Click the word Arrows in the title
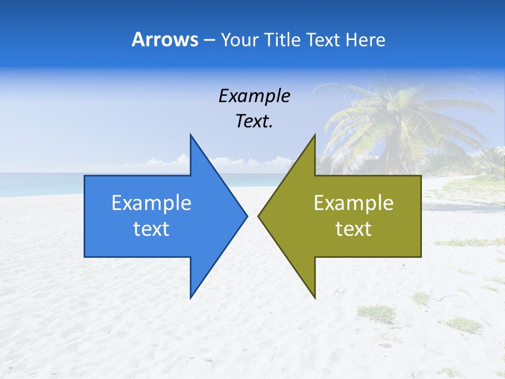click(x=165, y=39)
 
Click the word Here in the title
click(x=365, y=39)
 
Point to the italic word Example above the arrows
click(x=254, y=96)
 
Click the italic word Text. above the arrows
click(x=254, y=122)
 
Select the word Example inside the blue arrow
click(x=151, y=203)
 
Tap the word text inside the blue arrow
click(x=151, y=229)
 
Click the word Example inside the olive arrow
click(x=353, y=203)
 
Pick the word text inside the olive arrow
click(x=353, y=229)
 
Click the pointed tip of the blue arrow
click(x=247, y=216)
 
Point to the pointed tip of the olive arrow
click(x=259, y=216)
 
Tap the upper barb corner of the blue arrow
click(x=190, y=135)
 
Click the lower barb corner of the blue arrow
click(x=190, y=297)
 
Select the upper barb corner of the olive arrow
click(x=315, y=135)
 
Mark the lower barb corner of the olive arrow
click(x=315, y=297)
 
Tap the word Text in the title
click(x=324, y=39)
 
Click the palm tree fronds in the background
click(x=400, y=116)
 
